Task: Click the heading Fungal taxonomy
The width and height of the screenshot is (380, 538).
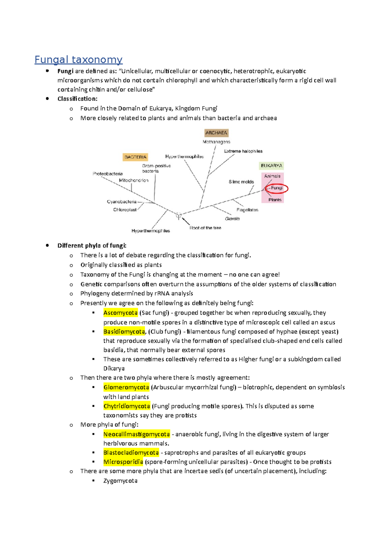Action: [78, 60]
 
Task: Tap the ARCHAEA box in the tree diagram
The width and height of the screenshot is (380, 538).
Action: [216, 133]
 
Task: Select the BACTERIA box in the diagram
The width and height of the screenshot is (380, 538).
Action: [135, 157]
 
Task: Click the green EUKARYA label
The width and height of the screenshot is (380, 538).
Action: [271, 166]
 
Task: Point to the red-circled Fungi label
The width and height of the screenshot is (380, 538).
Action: [276, 188]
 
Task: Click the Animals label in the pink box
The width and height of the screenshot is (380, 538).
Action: [272, 176]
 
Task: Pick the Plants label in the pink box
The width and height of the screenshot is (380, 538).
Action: [275, 200]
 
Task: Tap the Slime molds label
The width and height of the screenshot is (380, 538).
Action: [241, 182]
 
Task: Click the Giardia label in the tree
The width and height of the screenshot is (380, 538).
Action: [232, 219]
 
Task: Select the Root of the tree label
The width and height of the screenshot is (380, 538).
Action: [205, 228]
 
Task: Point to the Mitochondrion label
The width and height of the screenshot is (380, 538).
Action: [134, 180]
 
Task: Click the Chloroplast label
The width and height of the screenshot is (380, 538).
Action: [125, 210]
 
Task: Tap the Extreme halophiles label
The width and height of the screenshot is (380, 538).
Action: [243, 151]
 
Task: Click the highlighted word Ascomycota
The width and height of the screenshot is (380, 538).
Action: [120, 313]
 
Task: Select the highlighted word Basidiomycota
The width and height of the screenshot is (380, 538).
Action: [124, 332]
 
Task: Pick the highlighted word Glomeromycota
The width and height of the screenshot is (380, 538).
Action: [126, 387]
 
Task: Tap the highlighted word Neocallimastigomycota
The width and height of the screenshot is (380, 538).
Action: [136, 434]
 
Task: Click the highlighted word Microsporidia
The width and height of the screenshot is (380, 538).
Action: [123, 462]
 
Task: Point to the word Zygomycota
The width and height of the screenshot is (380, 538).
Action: [120, 481]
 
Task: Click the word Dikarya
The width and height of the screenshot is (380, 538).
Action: [114, 368]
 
